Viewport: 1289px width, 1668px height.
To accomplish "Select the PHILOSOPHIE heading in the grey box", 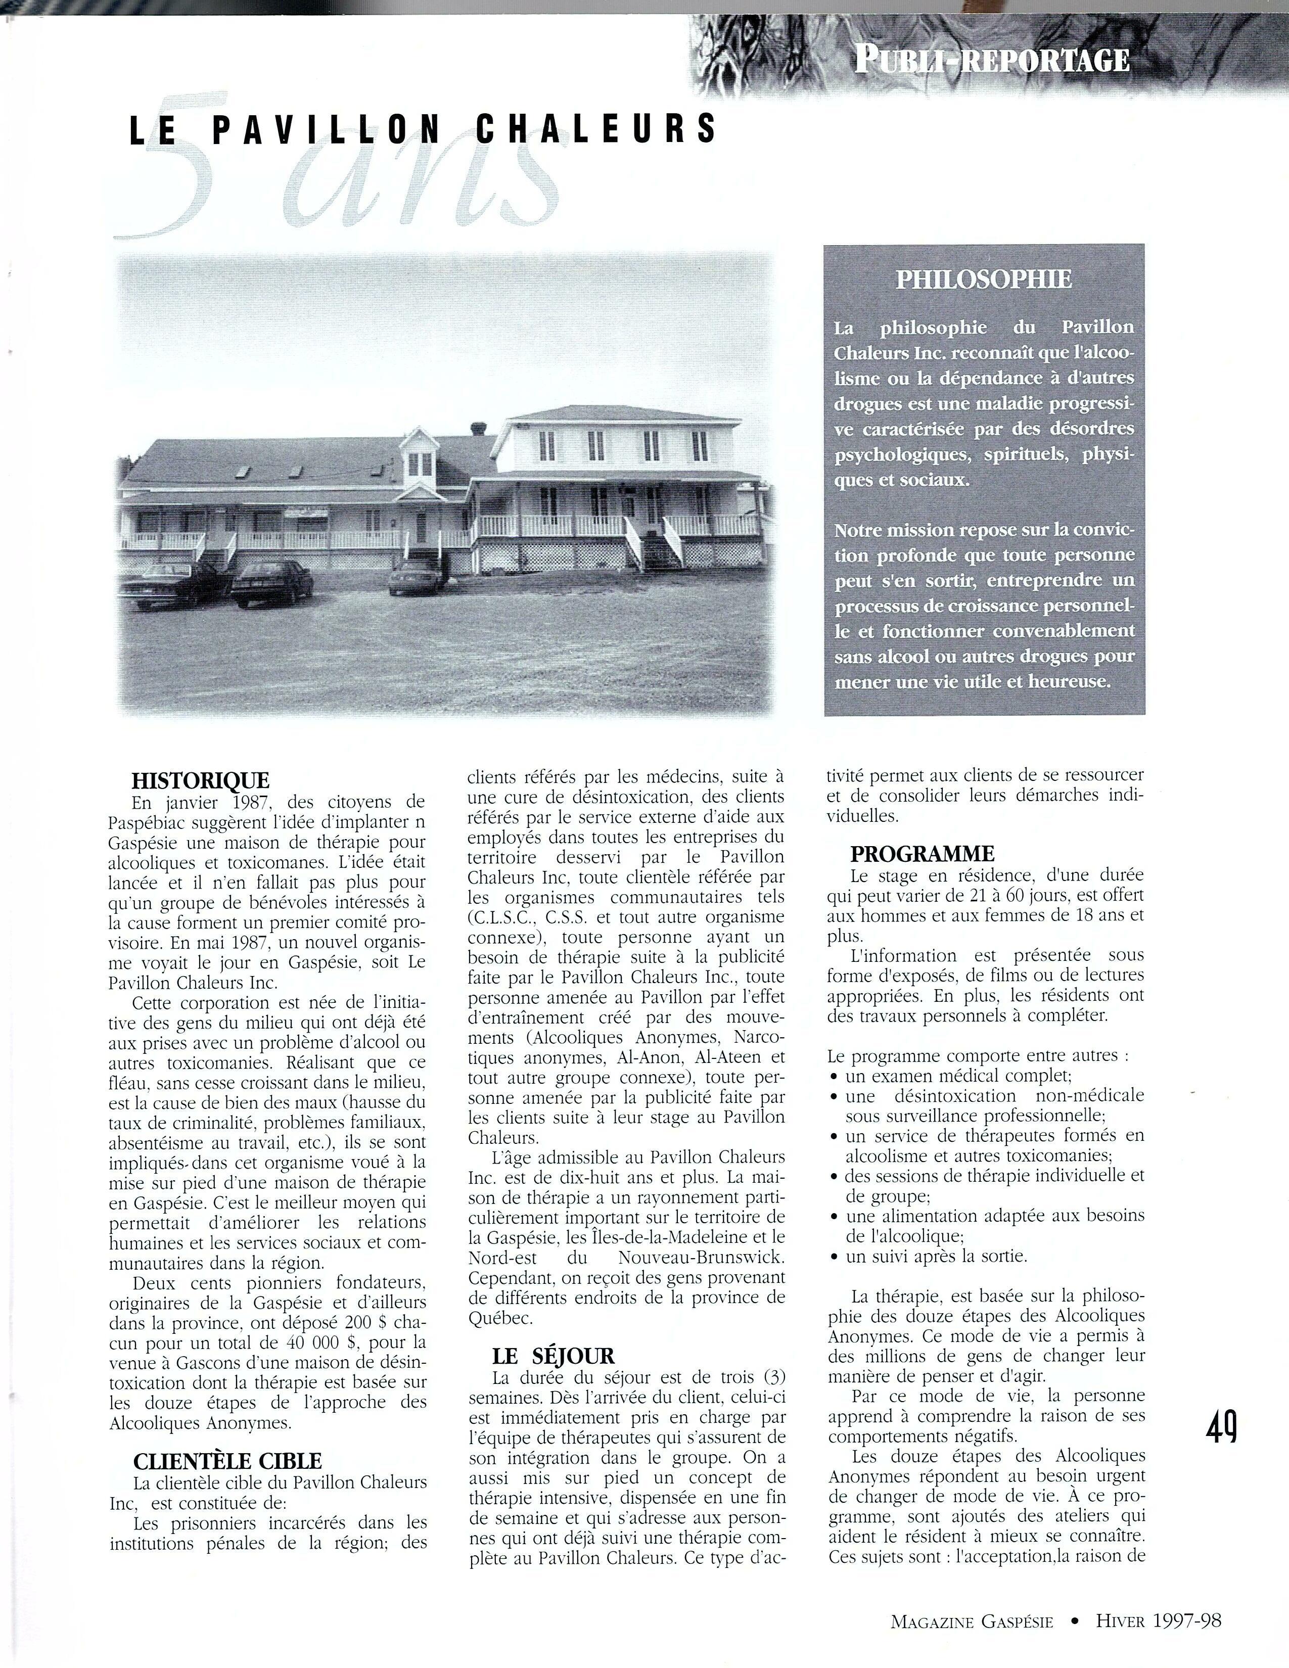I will [984, 280].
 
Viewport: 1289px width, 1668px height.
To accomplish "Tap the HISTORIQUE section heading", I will [201, 780].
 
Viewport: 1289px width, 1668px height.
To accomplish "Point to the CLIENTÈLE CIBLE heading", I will [227, 1461].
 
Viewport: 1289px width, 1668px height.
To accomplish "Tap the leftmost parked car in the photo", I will [164, 586].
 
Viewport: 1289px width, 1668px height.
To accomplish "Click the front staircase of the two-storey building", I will [655, 546].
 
